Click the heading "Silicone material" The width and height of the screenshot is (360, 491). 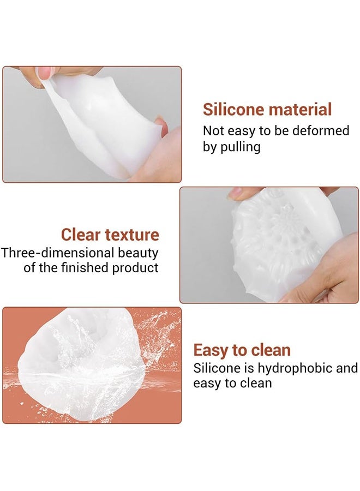[267, 110]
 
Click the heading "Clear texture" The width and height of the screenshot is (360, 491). [110, 235]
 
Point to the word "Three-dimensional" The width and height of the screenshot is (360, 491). [58, 253]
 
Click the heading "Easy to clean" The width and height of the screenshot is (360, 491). [242, 350]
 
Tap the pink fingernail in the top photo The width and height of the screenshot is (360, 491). [45, 73]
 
